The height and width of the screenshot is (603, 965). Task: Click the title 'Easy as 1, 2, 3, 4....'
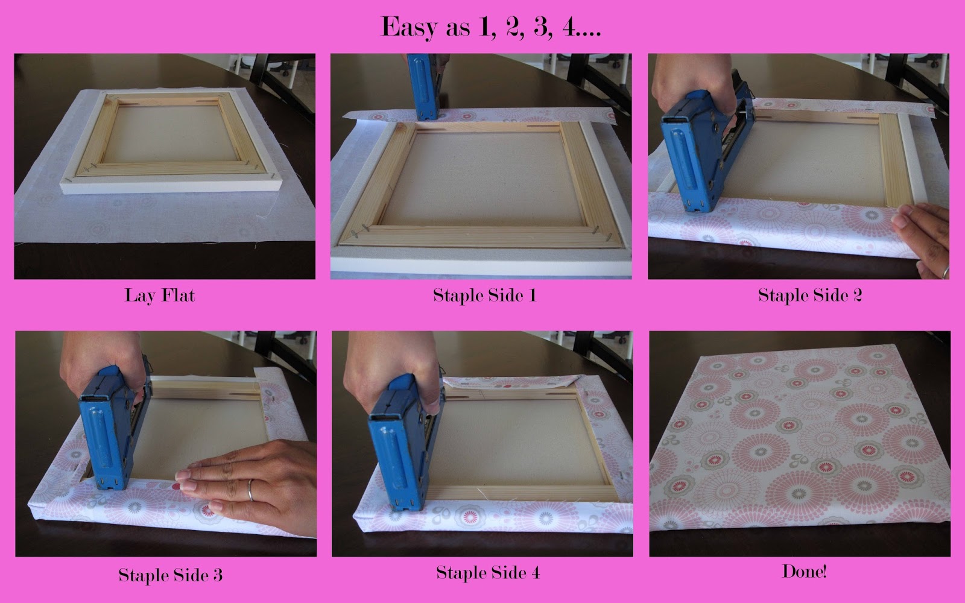click(491, 27)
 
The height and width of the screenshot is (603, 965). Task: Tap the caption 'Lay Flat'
click(160, 296)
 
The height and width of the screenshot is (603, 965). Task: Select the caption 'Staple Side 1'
click(485, 295)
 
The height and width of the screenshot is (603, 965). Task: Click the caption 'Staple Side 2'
click(810, 295)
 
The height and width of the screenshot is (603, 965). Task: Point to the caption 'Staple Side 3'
click(171, 575)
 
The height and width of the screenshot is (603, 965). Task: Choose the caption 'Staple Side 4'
click(488, 573)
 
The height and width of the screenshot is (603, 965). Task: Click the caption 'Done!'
click(804, 572)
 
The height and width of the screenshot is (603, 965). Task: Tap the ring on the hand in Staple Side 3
click(250, 490)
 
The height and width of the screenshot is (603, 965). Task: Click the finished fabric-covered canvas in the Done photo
click(800, 440)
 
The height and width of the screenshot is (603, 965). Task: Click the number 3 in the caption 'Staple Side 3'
click(218, 575)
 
